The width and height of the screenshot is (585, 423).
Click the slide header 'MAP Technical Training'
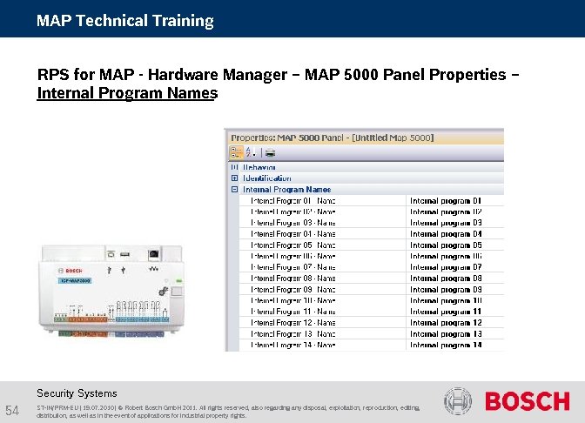[124, 20]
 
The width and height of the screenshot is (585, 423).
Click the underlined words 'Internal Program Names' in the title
[126, 92]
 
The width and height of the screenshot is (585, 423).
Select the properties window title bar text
[332, 138]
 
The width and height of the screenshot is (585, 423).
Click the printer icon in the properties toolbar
[270, 152]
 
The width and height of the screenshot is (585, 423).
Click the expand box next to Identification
[234, 178]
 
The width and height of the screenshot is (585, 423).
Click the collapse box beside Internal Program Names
[234, 189]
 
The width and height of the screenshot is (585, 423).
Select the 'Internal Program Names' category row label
[286, 189]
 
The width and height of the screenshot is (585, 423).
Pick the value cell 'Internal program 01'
[445, 200]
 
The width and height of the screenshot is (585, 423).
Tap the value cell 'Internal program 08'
[445, 279]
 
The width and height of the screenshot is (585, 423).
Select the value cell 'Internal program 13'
[445, 334]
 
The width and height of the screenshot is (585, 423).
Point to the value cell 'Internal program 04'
[445, 233]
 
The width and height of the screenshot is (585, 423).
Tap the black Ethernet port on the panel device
[154, 254]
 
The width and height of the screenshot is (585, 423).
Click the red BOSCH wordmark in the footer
[527, 401]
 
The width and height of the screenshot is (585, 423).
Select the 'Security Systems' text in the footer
[77, 393]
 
